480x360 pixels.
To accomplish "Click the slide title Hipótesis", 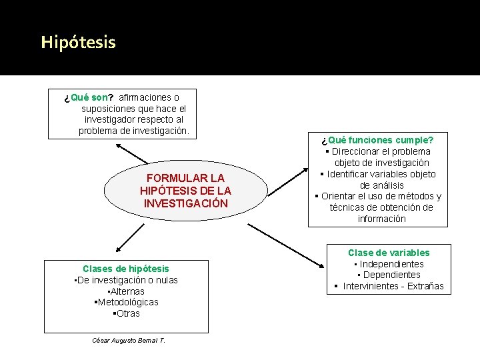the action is pos(78,43).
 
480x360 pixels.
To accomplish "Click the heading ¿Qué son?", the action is pos(89,97).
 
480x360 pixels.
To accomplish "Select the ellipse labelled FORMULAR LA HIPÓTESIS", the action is pos(185,191).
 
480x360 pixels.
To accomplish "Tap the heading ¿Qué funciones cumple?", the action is pos(377,140).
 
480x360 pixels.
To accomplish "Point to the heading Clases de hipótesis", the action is pos(126,269).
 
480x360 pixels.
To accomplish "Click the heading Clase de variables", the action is pos(389,253).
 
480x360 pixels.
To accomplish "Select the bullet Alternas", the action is pos(126,291).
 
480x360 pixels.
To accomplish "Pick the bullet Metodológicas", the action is pos(127,303).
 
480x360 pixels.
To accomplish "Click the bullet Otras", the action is pos(127,313).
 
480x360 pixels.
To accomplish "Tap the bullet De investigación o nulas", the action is pos(126,280).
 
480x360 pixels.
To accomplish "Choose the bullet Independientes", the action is pos(389,264).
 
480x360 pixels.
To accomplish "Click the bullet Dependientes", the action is pos(389,275).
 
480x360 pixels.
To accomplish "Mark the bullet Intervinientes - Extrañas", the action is pos(389,286).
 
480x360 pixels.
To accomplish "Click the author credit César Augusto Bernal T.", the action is pos(129,341).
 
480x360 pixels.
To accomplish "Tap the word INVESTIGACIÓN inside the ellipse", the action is pos(185,203).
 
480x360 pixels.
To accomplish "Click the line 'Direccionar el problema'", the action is pos(377,151).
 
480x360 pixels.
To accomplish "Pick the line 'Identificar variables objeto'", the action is pos(377,174).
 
